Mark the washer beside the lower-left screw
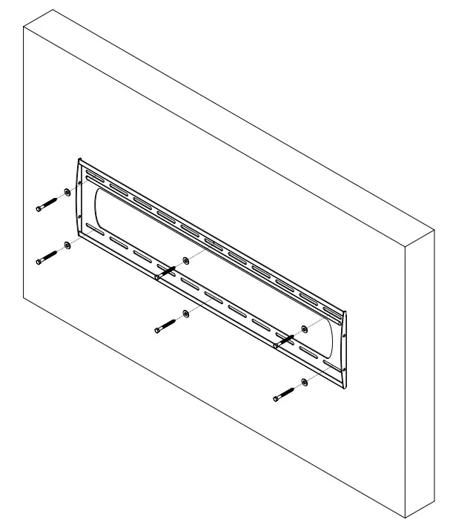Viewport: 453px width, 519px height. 67,245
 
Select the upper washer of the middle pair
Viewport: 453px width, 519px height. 187,260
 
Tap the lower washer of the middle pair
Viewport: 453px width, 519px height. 186,314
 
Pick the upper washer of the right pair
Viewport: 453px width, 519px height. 305,328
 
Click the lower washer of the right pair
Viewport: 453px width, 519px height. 305,382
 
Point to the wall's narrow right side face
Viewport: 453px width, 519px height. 418,371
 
